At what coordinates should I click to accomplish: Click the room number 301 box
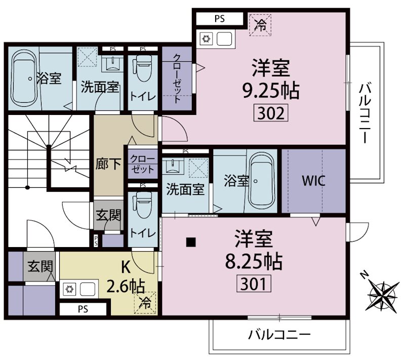pyautogui.click(x=254, y=283)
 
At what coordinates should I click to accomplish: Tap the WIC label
pyautogui.click(x=313, y=180)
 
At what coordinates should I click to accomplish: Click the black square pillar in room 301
pyautogui.click(x=191, y=242)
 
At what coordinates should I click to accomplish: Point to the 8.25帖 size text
pyautogui.click(x=254, y=261)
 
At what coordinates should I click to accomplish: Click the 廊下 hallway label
pyautogui.click(x=108, y=165)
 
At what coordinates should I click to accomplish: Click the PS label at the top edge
pyautogui.click(x=219, y=19)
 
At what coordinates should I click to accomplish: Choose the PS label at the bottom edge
pyautogui.click(x=83, y=308)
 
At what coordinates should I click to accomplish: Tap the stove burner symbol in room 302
pyautogui.click(x=207, y=38)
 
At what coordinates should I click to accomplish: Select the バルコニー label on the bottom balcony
pyautogui.click(x=279, y=335)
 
